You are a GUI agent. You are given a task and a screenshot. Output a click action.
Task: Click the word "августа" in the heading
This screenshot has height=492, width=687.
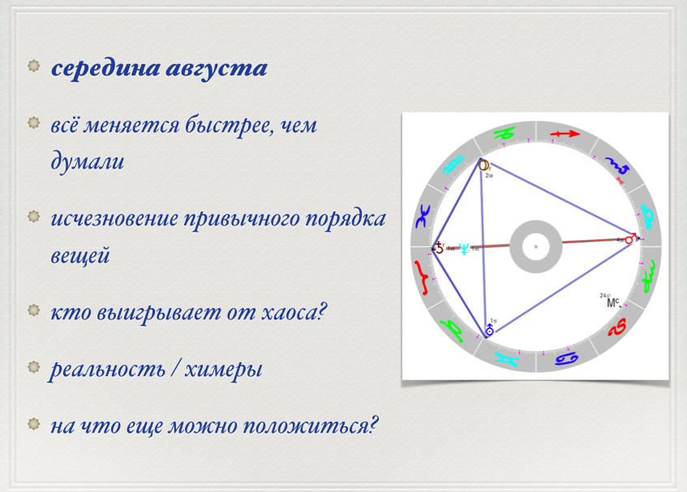click(x=217, y=69)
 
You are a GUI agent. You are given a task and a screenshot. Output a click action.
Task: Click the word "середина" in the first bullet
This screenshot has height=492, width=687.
click(x=105, y=69)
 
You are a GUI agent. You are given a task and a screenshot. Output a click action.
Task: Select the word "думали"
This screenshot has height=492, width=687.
click(x=87, y=161)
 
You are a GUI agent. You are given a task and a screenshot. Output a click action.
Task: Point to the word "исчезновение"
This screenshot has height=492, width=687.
click(x=114, y=219)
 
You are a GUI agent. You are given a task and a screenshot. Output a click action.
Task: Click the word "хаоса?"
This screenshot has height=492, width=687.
click(x=294, y=312)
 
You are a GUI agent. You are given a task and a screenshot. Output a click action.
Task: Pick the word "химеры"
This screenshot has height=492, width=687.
click(x=223, y=370)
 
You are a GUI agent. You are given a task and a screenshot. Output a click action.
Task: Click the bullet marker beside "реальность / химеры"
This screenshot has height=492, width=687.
click(x=34, y=367)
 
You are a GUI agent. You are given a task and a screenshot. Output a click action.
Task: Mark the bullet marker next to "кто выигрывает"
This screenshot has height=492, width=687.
click(x=34, y=310)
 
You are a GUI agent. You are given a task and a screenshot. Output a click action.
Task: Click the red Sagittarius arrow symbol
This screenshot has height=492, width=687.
click(x=565, y=134)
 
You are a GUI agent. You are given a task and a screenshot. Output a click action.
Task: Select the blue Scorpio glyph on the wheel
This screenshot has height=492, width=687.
click(x=617, y=165)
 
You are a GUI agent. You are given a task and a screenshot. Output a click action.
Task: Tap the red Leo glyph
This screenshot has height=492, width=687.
click(x=617, y=327)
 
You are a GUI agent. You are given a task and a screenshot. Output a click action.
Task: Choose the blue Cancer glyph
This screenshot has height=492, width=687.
click(x=567, y=359)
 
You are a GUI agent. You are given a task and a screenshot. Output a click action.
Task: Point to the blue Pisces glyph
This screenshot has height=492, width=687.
click(x=423, y=216)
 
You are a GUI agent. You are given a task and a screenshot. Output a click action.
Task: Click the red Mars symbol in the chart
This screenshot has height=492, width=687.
click(x=630, y=238)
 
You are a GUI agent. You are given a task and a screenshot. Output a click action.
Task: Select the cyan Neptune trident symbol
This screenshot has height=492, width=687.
click(x=464, y=249)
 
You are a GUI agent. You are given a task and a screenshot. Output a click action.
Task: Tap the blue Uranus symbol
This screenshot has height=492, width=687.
click(x=489, y=330)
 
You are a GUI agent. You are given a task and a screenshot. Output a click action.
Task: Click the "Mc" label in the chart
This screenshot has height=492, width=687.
click(x=612, y=302)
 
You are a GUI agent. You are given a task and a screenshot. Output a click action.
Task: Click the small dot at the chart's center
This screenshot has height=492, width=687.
click(x=536, y=247)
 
